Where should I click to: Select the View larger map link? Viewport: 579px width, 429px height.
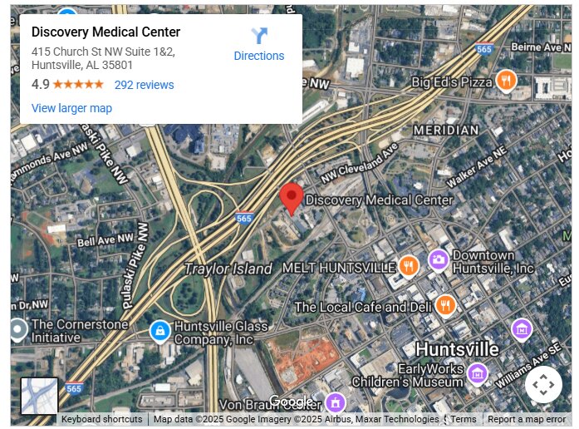71,108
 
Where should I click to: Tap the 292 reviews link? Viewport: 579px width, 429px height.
144,85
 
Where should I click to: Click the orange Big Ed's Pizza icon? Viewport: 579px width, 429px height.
506,81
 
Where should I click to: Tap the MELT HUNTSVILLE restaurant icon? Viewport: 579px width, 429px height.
408,266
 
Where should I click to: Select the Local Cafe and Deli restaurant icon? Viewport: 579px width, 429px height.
445,305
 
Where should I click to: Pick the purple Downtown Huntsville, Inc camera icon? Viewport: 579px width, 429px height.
438,261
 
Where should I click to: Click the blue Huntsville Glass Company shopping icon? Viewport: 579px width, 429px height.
159,331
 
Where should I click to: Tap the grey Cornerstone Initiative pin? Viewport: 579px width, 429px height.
17,329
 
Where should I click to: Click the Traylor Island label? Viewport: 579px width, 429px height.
228,269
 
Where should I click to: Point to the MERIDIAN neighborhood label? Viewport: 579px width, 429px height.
445,131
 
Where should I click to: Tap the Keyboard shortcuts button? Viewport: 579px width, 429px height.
101,420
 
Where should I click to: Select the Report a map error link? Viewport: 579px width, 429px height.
527,420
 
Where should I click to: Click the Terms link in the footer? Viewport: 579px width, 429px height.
464,420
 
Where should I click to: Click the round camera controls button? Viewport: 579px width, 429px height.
542,385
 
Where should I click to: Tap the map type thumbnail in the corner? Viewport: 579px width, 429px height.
39,396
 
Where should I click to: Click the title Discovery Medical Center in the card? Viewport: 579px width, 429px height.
105,32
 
